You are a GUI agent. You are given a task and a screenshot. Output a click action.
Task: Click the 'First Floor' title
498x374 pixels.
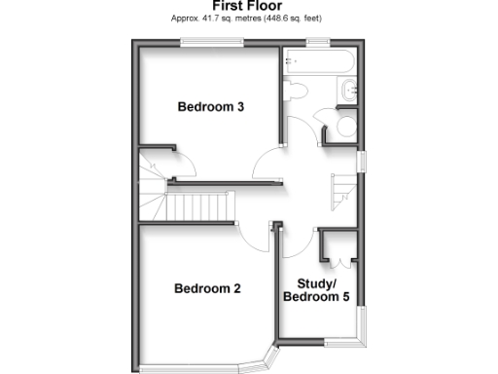pos(248,6)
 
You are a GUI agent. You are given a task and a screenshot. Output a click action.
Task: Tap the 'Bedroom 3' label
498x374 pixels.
pos(210,107)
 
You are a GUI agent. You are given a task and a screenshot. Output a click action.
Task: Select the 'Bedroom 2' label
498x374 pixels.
pos(207,288)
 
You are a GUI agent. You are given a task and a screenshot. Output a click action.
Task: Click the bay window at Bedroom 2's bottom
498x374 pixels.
pos(204,368)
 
